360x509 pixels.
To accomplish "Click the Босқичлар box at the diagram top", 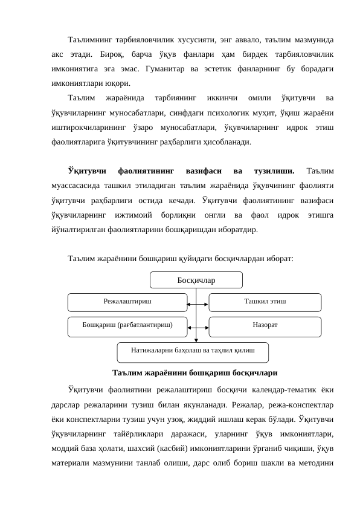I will (196, 280).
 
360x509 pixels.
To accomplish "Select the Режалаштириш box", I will (127, 301).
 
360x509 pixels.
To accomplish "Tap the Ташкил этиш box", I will (265, 301).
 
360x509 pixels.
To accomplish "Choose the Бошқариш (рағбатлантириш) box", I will (127, 325).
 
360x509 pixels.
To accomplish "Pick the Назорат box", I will (265, 325).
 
